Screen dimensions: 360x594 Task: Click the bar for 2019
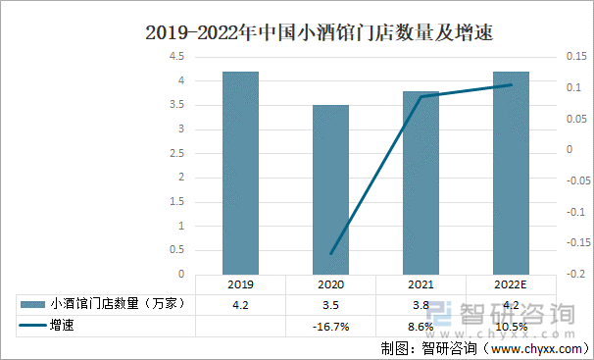pyautogui.click(x=240, y=173)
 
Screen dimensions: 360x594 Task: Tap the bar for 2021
pyautogui.click(x=421, y=182)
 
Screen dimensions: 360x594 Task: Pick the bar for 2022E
pyautogui.click(x=511, y=173)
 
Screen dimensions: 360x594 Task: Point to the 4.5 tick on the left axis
pyautogui.click(x=178, y=57)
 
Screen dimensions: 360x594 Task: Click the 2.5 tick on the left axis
pyautogui.click(x=178, y=154)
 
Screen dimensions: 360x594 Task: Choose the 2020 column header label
pyautogui.click(x=330, y=284)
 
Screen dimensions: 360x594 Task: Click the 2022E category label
pyautogui.click(x=511, y=284)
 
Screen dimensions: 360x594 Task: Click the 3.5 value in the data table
pyautogui.click(x=330, y=304)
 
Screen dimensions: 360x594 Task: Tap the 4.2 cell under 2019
pyautogui.click(x=240, y=304)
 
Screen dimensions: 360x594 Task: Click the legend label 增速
pyautogui.click(x=63, y=324)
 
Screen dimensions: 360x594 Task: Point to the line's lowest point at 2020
pyautogui.click(x=330, y=253)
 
